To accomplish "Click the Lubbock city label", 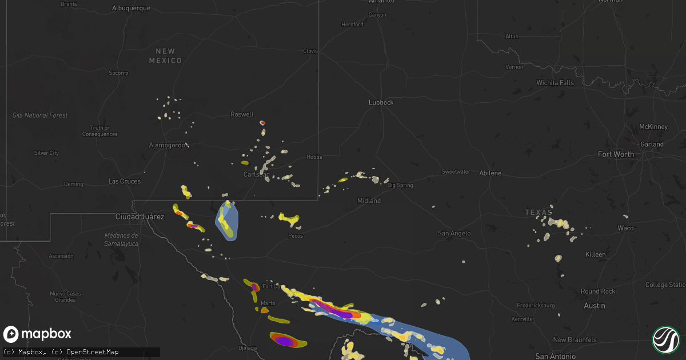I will point(381,102).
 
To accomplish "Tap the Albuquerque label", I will point(131,8).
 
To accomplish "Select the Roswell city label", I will point(242,114).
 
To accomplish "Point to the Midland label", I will point(369,201).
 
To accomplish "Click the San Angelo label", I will point(454,233).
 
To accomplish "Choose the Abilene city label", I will point(490,173).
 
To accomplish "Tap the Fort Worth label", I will point(616,154).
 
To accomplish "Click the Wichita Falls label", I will point(555,83).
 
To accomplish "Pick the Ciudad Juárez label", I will point(139,217).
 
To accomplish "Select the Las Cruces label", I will point(125,182).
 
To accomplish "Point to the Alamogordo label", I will point(167,145).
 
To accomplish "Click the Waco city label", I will point(625,228).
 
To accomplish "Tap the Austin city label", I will point(595,306).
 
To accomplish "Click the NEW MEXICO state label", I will point(165,56).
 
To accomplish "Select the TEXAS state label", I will point(539,213).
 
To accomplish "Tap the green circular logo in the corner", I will point(665,339).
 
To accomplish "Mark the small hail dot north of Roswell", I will point(262,122).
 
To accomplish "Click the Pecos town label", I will point(296,235).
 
